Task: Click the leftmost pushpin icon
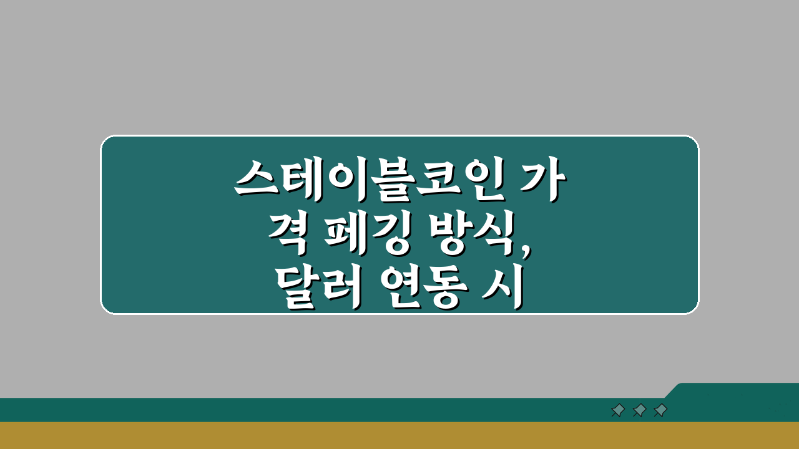tap(618, 410)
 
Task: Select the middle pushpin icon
tap(639, 410)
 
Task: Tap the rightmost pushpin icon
tap(660, 410)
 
